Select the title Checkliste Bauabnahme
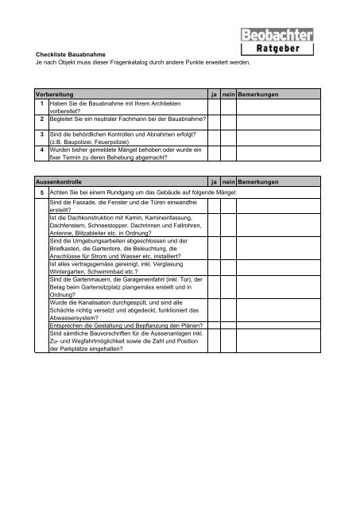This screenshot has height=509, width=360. tap(70, 53)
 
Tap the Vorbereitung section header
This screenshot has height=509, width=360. tap(48, 95)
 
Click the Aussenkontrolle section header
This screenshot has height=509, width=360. tap(52, 182)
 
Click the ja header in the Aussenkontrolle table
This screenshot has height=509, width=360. tap(214, 182)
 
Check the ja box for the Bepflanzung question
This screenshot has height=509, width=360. tap(215, 324)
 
